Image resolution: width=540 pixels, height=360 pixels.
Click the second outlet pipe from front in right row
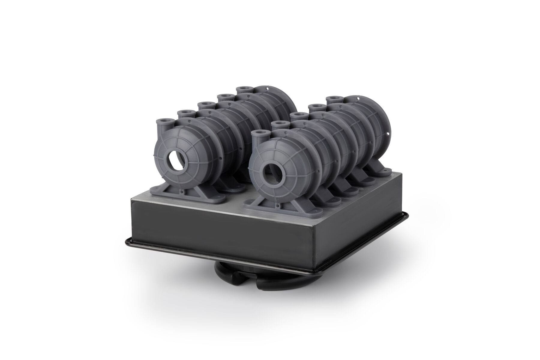[x=279, y=124]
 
